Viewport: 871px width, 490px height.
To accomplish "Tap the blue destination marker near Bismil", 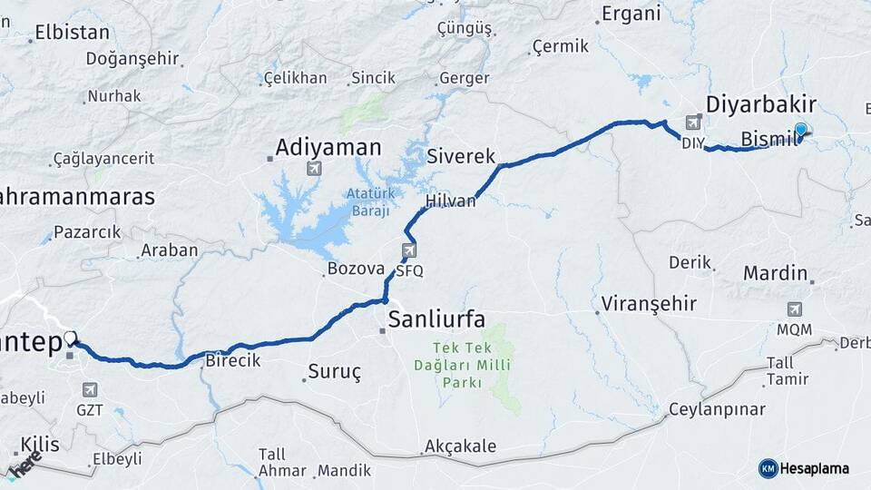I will coord(800,131).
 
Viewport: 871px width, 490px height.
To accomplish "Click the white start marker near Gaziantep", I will coord(71,338).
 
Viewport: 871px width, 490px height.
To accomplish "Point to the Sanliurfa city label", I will coord(435,318).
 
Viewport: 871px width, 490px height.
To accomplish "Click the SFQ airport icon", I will coord(409,250).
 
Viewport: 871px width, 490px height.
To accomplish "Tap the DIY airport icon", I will coord(694,122).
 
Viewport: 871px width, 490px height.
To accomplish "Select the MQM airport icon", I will coord(795,309).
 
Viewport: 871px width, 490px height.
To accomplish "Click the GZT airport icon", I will coord(89,389).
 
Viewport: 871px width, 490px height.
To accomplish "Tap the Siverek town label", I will coord(461,156).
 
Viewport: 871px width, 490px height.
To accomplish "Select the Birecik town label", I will coord(234,360).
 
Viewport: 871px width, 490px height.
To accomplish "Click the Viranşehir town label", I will coord(648,303).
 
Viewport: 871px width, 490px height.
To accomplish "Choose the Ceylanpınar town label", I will coord(717,409).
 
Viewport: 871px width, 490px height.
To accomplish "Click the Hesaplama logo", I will coord(804,468).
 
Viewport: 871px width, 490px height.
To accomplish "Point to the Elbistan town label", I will coord(72,34).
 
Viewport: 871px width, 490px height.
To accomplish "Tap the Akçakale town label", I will coord(460,446).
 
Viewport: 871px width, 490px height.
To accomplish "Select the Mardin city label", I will coord(775,273).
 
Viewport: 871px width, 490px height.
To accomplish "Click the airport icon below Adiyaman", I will coord(314,169).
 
